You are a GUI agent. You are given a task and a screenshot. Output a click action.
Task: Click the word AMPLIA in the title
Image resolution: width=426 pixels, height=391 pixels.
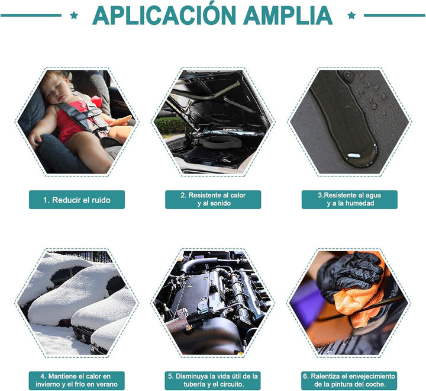[x=288, y=15]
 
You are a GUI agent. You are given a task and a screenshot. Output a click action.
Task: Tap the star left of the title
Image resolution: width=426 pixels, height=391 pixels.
[x=74, y=15]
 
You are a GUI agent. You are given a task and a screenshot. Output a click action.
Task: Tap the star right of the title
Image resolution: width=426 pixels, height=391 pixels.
[x=351, y=15]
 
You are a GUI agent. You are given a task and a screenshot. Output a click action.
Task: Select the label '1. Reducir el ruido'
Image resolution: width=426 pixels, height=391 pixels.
[x=77, y=200]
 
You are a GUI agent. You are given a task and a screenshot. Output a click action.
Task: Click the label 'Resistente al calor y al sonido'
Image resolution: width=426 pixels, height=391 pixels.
[x=213, y=200]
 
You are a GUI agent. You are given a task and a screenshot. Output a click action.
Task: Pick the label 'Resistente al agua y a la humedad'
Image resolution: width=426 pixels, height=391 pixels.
[x=350, y=200]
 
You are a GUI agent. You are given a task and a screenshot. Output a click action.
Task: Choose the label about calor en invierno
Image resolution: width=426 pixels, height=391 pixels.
[x=76, y=380]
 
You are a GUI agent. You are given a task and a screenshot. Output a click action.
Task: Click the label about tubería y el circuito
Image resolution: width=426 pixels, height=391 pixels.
[x=213, y=380]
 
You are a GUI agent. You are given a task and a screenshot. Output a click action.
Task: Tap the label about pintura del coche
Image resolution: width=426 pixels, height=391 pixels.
[x=349, y=380]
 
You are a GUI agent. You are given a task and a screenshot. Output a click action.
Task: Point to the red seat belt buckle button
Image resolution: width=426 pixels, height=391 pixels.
[x=102, y=134]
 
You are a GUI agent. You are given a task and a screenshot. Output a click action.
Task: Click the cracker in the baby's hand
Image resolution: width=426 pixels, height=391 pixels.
[x=120, y=121]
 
